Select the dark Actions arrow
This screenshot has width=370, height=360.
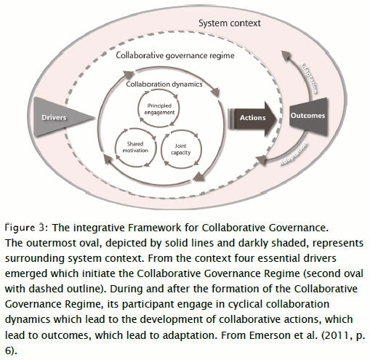[252, 119]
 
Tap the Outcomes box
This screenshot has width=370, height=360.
[308, 116]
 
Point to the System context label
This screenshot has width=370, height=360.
[230, 23]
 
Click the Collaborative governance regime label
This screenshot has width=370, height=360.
[175, 55]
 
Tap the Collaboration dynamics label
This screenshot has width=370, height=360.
[164, 84]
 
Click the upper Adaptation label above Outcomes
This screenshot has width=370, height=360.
[308, 78]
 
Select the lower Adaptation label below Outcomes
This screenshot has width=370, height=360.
[293, 153]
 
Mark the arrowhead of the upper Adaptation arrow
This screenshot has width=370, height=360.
[286, 55]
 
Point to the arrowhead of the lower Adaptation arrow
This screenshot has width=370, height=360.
[261, 160]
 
